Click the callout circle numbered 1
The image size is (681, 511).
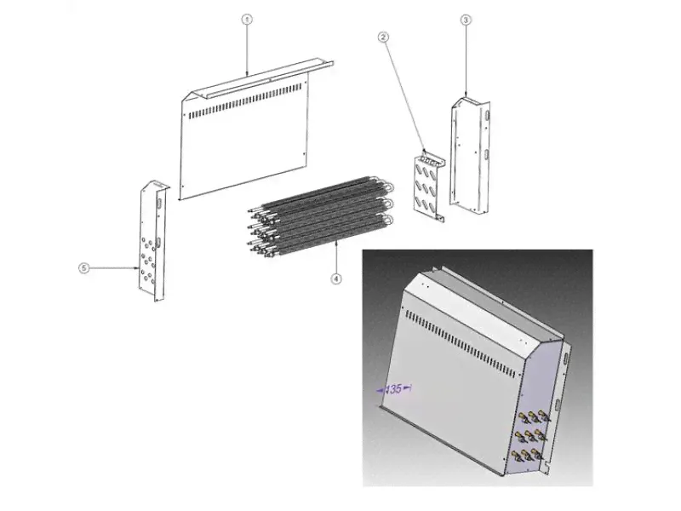click(x=247, y=20)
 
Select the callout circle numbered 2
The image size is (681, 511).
click(x=382, y=37)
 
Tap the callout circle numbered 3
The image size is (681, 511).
click(x=466, y=20)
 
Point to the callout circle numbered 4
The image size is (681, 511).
click(x=336, y=278)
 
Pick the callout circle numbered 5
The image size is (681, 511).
click(x=83, y=267)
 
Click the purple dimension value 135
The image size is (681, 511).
click(x=393, y=389)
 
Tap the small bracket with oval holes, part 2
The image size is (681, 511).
click(x=429, y=186)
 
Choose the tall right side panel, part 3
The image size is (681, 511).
click(x=470, y=156)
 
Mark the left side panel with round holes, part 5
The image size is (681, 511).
click(x=154, y=241)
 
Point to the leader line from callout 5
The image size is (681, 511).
click(x=114, y=268)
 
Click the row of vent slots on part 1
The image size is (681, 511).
click(x=244, y=103)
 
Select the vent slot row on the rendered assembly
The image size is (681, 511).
click(x=461, y=344)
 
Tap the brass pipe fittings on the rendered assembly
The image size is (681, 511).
click(x=531, y=435)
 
